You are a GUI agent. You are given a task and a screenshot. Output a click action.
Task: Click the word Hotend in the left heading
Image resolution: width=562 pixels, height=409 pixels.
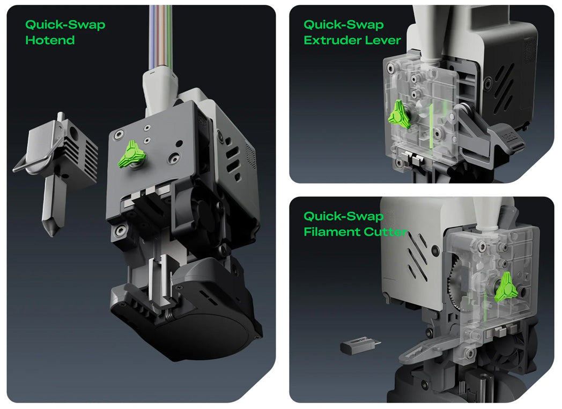[x=50, y=40]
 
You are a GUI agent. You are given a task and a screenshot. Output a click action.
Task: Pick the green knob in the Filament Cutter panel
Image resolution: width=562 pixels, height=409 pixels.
[x=506, y=287]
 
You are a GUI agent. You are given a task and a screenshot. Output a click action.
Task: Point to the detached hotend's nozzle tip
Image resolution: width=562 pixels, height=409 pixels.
[x=52, y=235]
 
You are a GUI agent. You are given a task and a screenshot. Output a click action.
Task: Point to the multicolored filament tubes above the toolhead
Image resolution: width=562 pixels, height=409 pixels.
[x=161, y=36]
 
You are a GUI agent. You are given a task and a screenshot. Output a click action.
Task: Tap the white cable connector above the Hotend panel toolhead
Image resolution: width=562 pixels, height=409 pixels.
[x=160, y=90]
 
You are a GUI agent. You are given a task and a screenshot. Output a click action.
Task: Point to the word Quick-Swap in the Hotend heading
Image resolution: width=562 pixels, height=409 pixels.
[x=65, y=24]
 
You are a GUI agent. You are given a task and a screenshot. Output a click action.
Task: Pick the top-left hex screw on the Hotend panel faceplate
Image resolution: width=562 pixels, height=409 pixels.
[x=118, y=135]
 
